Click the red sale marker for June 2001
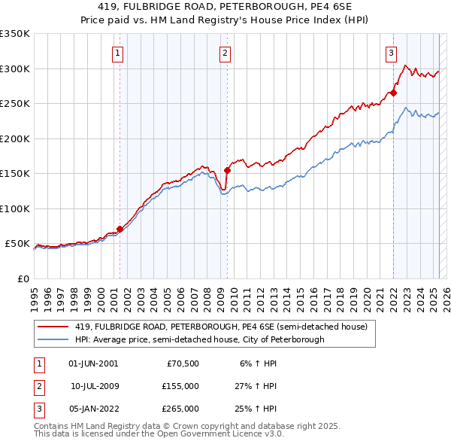coord(120,229)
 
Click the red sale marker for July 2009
coord(227,170)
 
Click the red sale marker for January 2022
coord(393,93)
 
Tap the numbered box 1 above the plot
coord(119,53)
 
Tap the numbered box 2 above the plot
coord(225,53)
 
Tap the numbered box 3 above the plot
coord(392,53)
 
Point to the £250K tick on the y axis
coord(17,104)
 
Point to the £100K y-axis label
coord(17,208)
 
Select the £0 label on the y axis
coord(23,278)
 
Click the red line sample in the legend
coord(53,327)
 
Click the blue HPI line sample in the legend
coord(53,339)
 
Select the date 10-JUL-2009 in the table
coord(94,386)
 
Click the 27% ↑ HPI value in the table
coord(256,386)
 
